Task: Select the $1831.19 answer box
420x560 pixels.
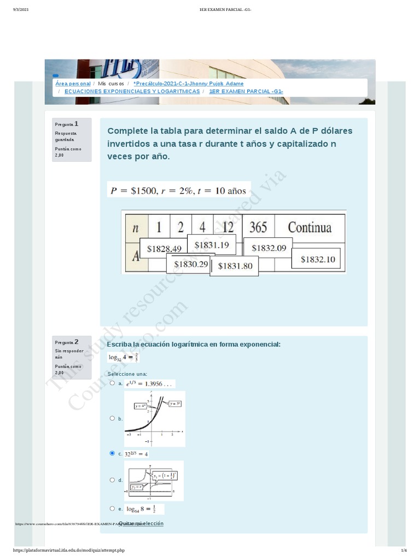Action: click(x=211, y=245)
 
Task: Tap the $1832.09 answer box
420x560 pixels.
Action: click(x=269, y=248)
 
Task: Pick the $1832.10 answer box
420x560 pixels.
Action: click(x=318, y=259)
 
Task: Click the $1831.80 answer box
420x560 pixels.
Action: click(x=235, y=266)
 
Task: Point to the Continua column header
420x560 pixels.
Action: click(x=310, y=227)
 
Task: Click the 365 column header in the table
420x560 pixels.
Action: click(x=258, y=227)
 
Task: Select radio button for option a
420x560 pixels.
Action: click(x=113, y=383)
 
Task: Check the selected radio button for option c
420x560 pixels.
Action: click(x=113, y=453)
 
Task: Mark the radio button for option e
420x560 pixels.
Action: click(x=113, y=509)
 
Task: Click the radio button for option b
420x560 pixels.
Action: click(x=113, y=418)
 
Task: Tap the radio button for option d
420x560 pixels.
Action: click(x=113, y=480)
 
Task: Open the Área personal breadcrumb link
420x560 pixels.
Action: click(x=73, y=84)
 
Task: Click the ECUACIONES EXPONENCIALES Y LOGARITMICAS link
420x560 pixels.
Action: click(x=132, y=91)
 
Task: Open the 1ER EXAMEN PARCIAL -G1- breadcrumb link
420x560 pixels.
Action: click(x=246, y=91)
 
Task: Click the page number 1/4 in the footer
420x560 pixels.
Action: click(x=404, y=550)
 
